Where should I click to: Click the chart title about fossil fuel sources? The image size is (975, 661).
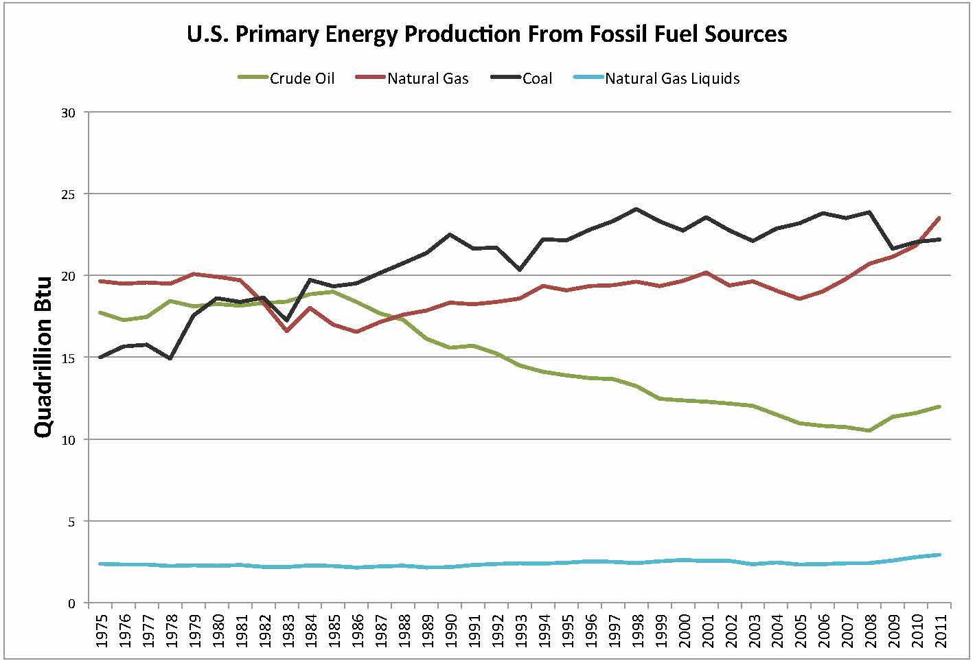pyautogui.click(x=487, y=34)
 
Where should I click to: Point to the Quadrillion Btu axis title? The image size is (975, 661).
pyautogui.click(x=43, y=357)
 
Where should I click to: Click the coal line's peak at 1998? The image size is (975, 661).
pyautogui.click(x=636, y=209)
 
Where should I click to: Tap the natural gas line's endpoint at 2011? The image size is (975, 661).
pyautogui.click(x=939, y=218)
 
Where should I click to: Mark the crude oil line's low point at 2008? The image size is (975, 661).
pyautogui.click(x=869, y=430)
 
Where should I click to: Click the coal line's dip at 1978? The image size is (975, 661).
pyautogui.click(x=170, y=358)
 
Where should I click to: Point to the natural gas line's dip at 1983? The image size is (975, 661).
pyautogui.click(x=286, y=331)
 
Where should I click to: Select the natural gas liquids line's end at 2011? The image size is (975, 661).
pyautogui.click(x=939, y=555)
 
